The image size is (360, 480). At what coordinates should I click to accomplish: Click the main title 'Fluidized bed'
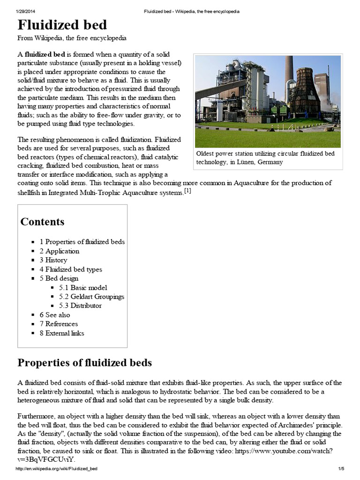tap(62, 24)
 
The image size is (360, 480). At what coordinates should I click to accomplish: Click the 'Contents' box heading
tap(42, 222)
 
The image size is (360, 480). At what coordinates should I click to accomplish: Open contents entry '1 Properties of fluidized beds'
tap(82, 242)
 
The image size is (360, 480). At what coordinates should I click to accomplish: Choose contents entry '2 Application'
tap(59, 251)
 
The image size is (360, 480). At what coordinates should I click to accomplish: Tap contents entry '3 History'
tap(53, 260)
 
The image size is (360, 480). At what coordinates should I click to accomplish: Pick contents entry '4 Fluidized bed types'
tap(70, 269)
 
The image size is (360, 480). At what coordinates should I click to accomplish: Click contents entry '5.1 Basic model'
tap(83, 287)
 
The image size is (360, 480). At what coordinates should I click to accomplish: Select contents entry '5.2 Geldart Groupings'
tap(91, 297)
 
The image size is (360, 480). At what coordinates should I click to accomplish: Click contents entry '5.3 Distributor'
tap(80, 306)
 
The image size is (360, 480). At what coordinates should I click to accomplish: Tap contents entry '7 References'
tap(59, 324)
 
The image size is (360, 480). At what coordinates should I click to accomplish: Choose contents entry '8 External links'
tap(62, 333)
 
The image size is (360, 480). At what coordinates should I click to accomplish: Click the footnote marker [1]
tap(187, 191)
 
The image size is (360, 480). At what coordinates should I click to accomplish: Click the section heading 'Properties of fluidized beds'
tap(84, 363)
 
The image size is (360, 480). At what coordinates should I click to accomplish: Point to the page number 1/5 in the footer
tap(341, 469)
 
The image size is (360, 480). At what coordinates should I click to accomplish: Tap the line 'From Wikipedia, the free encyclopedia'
tap(72, 38)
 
